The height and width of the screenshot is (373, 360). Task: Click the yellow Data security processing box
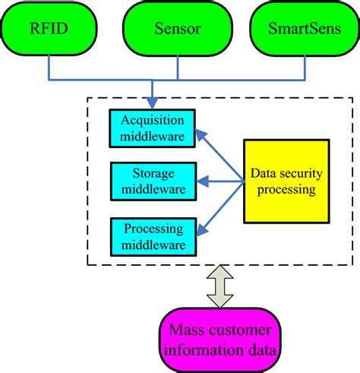(x=286, y=181)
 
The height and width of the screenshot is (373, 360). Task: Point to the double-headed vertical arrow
(x=219, y=287)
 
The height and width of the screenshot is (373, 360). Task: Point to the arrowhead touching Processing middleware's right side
(x=200, y=229)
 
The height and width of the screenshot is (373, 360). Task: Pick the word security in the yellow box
(x=302, y=174)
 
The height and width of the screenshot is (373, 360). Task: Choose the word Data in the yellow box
(x=265, y=174)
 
